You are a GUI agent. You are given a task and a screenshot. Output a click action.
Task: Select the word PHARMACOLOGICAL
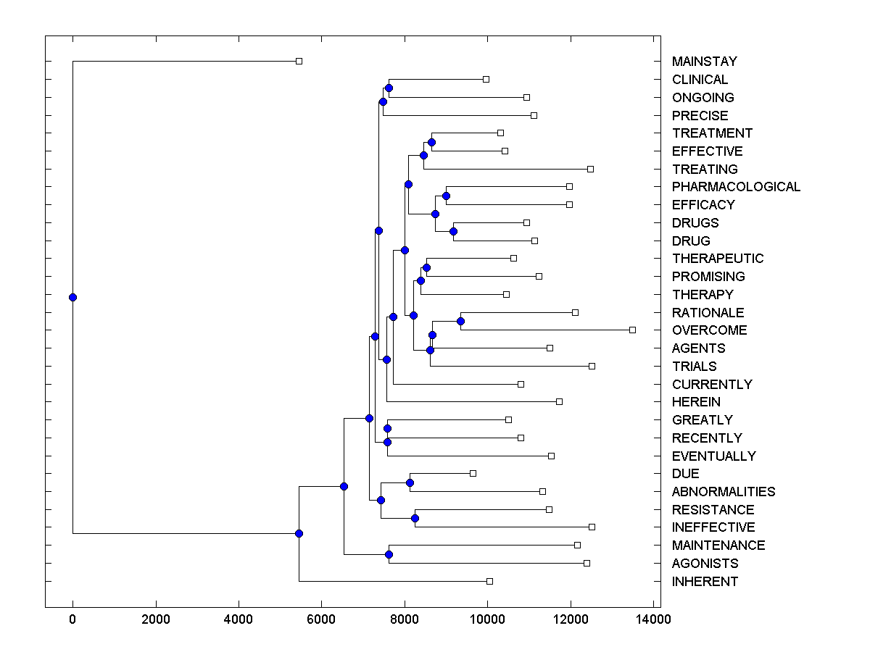click(736, 187)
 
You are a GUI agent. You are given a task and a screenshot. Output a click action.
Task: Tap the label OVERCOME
click(709, 330)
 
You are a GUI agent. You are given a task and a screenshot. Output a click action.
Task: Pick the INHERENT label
click(705, 582)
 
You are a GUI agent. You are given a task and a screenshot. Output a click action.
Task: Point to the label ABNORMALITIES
click(723, 492)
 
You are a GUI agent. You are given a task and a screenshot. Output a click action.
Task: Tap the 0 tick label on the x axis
click(72, 619)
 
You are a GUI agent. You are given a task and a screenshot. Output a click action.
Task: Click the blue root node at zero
click(72, 297)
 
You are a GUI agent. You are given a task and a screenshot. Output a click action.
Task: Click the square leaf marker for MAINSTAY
click(299, 61)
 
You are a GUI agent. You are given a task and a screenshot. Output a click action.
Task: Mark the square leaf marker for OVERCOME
click(632, 330)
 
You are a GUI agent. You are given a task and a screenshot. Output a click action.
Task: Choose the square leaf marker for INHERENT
click(489, 581)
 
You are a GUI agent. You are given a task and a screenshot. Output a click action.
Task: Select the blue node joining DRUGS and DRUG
click(453, 231)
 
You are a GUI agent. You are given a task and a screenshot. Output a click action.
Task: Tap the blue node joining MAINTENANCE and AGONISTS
click(389, 554)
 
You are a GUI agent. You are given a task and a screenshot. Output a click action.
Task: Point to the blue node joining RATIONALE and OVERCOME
click(460, 321)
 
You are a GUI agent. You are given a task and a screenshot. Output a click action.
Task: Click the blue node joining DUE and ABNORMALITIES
click(410, 482)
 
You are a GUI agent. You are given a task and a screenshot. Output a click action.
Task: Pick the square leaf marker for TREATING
click(590, 169)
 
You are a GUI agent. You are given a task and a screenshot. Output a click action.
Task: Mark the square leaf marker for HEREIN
click(559, 401)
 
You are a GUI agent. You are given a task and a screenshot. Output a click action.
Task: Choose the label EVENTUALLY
click(713, 456)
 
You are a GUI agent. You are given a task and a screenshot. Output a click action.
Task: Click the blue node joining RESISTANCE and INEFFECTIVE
click(415, 518)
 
